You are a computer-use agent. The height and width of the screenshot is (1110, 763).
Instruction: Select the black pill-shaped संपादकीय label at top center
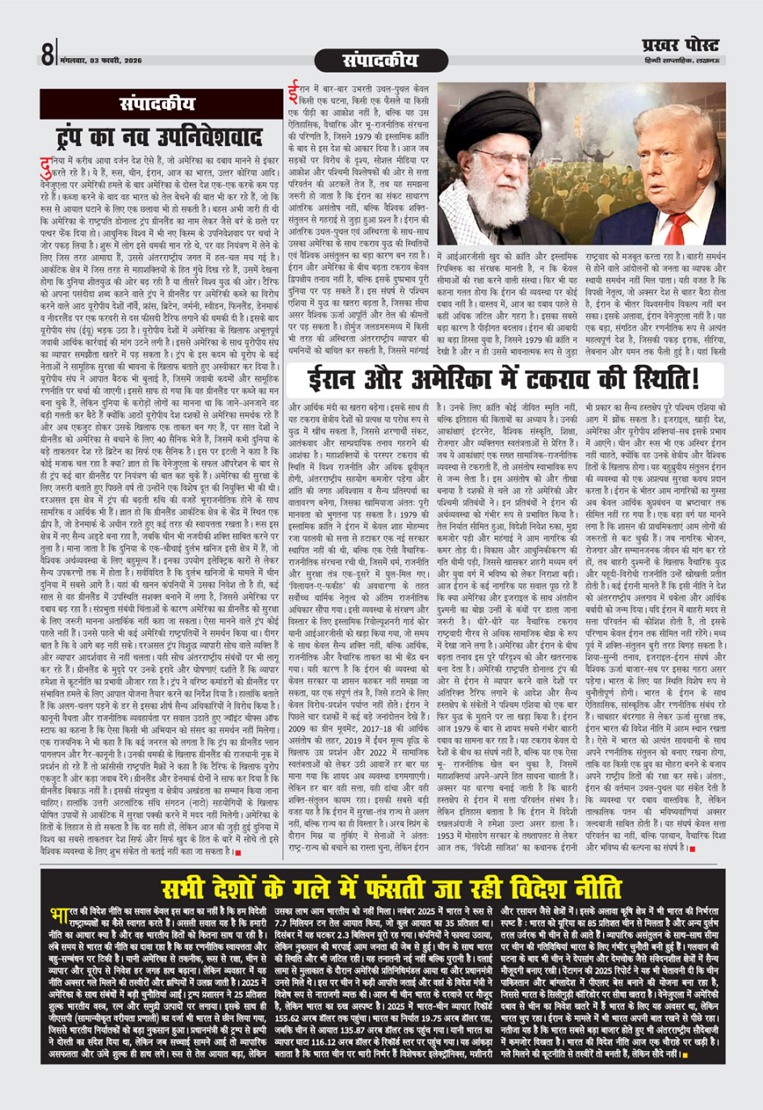380,61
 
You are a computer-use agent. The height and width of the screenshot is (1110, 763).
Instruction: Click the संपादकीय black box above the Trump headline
157,104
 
